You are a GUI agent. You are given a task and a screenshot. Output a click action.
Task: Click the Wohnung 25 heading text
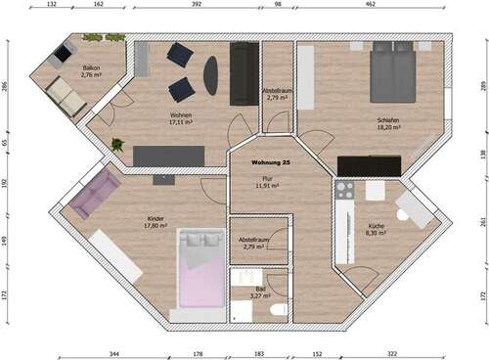270,161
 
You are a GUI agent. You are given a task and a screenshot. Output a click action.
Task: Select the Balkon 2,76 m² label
92,71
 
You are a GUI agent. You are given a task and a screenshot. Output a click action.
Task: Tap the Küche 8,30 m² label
377,230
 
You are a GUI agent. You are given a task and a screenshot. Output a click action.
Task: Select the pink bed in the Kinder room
201,268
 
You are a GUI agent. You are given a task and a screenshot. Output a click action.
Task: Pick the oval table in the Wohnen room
211,75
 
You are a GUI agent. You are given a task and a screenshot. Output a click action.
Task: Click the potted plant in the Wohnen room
118,145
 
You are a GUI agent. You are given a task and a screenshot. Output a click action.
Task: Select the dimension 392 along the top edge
196,5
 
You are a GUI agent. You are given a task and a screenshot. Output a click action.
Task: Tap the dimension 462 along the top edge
370,5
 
